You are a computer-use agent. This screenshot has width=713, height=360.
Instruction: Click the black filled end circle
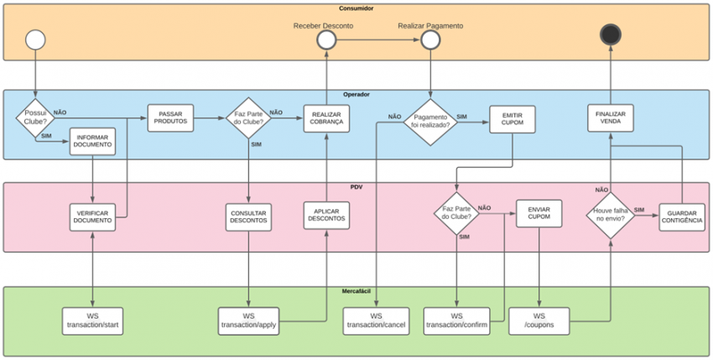(x=610, y=34)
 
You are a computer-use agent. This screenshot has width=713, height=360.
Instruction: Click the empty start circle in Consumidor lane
(x=35, y=39)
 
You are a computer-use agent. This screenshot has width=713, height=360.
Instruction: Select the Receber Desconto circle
(x=326, y=40)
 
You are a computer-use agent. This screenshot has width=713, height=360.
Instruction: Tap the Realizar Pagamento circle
(x=430, y=40)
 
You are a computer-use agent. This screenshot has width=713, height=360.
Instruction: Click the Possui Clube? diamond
(x=35, y=117)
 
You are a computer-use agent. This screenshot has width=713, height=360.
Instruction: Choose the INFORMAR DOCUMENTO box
(x=92, y=142)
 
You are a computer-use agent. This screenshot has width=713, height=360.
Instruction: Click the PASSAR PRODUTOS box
(x=170, y=118)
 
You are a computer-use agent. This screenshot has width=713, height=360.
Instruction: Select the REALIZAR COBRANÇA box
(x=326, y=119)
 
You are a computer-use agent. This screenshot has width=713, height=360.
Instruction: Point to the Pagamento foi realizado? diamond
(x=430, y=123)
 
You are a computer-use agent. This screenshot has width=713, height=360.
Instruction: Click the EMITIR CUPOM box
(x=513, y=119)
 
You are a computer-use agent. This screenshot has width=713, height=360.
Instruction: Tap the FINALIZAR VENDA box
(x=610, y=118)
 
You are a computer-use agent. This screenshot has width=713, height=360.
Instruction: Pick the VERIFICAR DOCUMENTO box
(x=92, y=217)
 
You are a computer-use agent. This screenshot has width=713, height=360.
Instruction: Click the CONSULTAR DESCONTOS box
(x=248, y=217)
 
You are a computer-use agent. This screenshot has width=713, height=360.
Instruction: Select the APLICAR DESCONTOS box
(x=326, y=216)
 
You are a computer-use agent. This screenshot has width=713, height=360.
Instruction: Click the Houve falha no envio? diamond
(x=610, y=216)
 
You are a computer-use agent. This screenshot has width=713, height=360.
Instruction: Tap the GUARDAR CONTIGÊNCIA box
(x=682, y=217)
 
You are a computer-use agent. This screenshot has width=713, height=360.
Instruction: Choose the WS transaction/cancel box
(x=376, y=321)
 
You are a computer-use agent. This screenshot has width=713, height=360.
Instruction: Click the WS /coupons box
(x=539, y=321)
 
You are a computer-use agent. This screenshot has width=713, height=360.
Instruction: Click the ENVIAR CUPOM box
(x=539, y=213)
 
